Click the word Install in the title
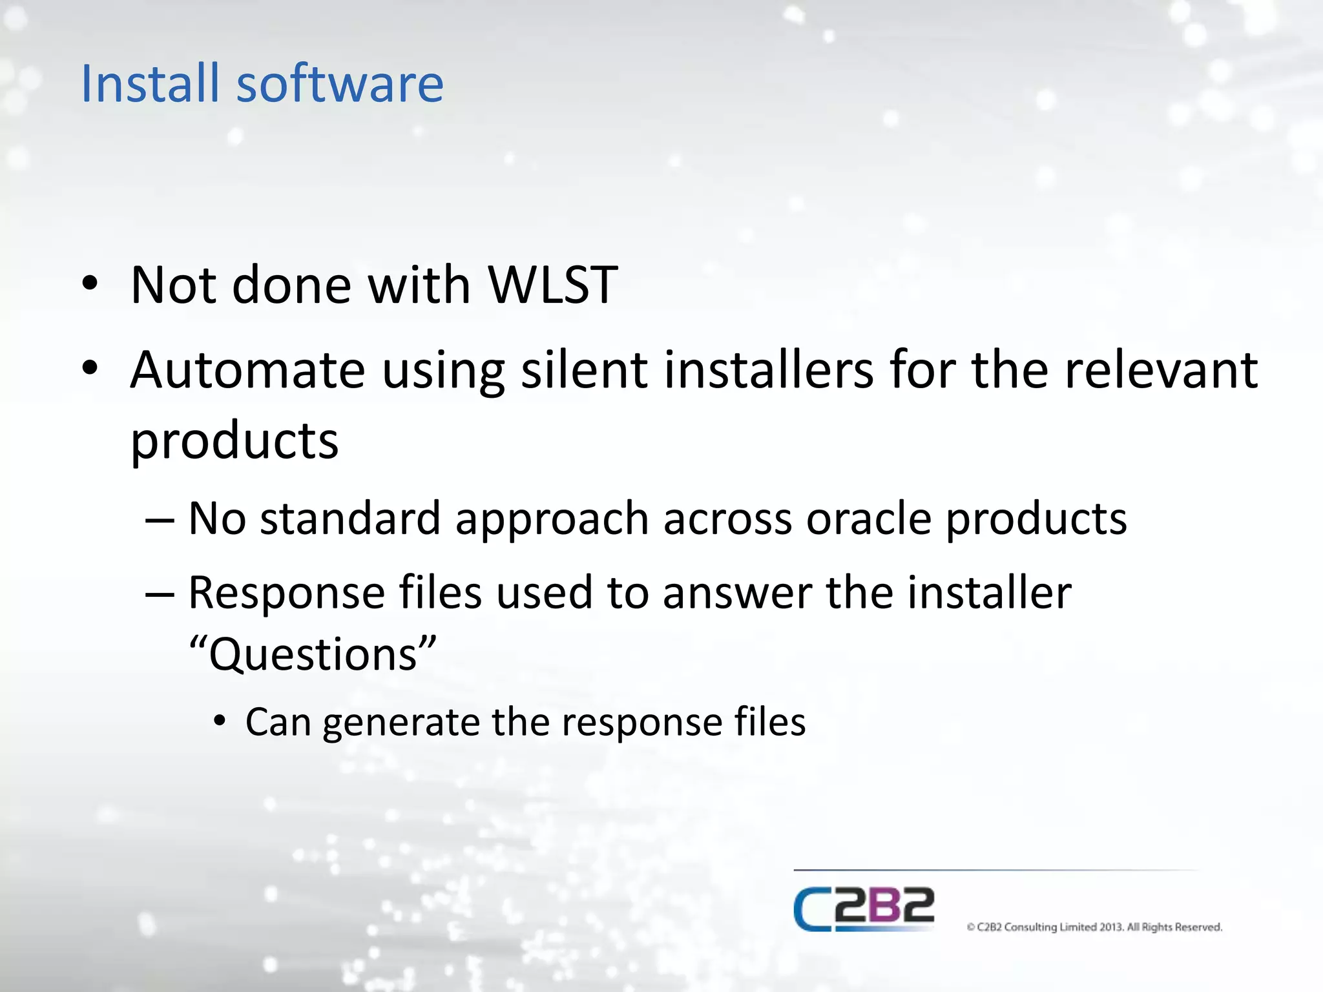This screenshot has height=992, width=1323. (150, 83)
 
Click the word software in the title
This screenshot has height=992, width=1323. (340, 83)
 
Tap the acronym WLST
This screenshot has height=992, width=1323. (552, 285)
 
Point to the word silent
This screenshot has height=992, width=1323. (584, 370)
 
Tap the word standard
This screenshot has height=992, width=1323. (350, 519)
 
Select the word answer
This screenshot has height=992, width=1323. (737, 593)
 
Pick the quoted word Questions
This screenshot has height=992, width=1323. (313, 654)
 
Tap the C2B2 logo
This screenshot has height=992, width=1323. (864, 909)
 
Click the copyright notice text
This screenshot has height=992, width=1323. (1094, 927)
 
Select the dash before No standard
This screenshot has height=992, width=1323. (160, 520)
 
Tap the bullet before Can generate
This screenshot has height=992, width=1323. (220, 721)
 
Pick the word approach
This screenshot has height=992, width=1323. (552, 520)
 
